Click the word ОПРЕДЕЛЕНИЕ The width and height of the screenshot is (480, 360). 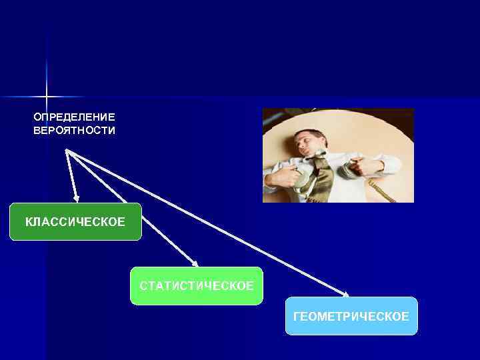click(x=74, y=117)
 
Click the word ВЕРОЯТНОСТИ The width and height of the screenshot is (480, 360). click(x=74, y=131)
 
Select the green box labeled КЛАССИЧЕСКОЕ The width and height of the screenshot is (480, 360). click(x=75, y=221)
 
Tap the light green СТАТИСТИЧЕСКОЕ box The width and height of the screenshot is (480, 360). click(x=196, y=286)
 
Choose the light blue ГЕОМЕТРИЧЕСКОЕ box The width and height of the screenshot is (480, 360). click(x=351, y=316)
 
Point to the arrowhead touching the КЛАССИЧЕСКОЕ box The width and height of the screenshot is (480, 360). click(x=77, y=198)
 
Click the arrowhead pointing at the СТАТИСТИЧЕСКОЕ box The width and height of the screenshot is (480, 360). click(x=195, y=263)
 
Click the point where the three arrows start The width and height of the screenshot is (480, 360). click(x=67, y=151)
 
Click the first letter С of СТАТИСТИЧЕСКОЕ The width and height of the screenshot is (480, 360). click(x=143, y=286)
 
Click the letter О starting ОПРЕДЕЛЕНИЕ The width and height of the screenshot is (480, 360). click(x=37, y=117)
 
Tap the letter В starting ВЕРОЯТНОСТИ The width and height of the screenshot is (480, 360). click(x=37, y=131)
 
